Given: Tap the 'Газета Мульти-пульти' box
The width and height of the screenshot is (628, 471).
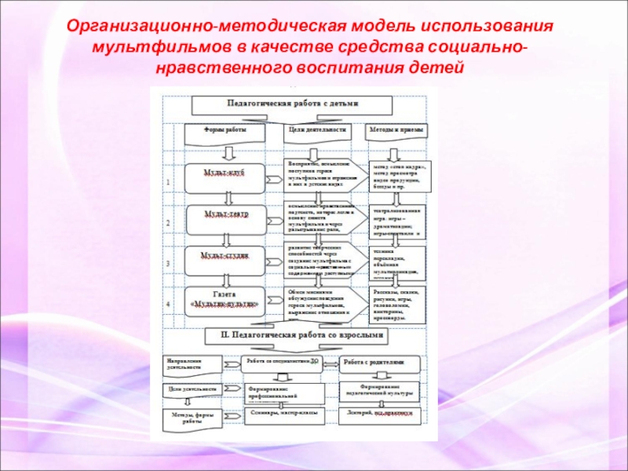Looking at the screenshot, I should (x=225, y=301).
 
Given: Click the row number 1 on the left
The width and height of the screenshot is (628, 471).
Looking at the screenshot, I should (x=167, y=182).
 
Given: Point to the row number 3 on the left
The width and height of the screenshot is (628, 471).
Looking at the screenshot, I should (x=167, y=264).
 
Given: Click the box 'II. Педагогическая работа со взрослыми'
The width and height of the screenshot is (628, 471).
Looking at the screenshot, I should (x=294, y=335).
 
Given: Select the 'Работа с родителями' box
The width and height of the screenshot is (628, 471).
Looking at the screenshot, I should (x=378, y=363).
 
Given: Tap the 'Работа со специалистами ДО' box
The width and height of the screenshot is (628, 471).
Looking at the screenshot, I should (x=283, y=363).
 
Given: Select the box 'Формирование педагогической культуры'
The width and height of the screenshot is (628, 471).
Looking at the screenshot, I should (x=379, y=391).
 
